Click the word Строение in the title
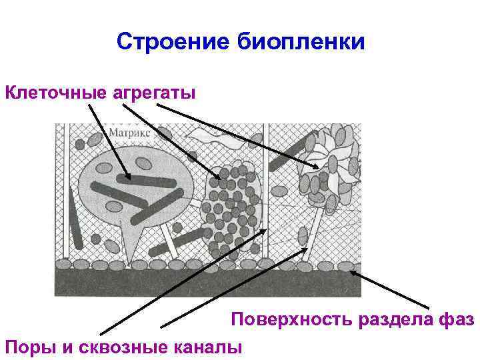(173, 43)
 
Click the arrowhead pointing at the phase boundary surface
(353, 271)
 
